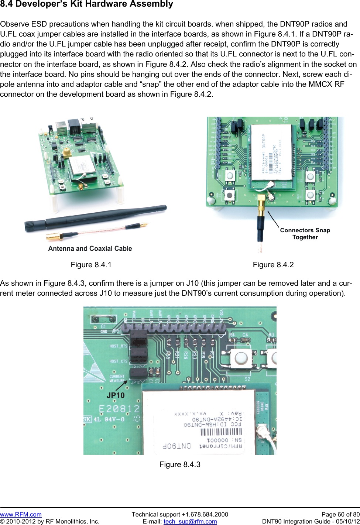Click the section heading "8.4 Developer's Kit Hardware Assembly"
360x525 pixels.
click(x=86, y=4)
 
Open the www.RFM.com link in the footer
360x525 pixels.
click(x=21, y=514)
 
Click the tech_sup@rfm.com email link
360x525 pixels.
click(x=190, y=521)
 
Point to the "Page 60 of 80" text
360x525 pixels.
click(x=340, y=514)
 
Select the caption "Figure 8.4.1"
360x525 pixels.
click(x=91, y=265)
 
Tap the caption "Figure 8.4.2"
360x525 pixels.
click(x=273, y=265)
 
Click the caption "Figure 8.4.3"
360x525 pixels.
click(x=180, y=464)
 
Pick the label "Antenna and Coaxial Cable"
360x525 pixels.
click(x=90, y=248)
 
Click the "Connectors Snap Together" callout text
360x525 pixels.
click(x=305, y=234)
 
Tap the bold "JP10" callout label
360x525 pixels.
click(x=116, y=395)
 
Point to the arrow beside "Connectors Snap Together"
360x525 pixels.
click(x=273, y=219)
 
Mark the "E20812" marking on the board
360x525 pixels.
click(x=119, y=409)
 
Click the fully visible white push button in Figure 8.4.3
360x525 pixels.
click(x=241, y=358)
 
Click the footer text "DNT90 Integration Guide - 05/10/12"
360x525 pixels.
click(x=311, y=521)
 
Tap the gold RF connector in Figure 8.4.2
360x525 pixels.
click(x=261, y=205)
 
